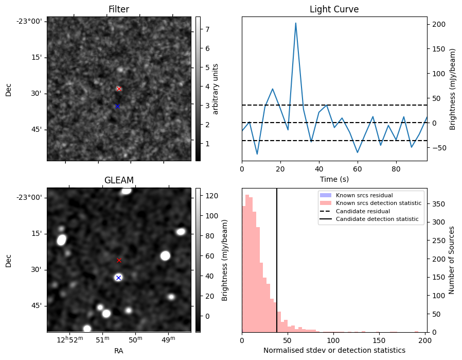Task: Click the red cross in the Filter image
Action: tap(119, 89)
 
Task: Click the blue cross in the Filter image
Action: tap(117, 106)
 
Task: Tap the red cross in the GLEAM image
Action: tap(119, 260)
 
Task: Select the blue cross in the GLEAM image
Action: tap(118, 278)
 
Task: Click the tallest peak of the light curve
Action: tap(296, 23)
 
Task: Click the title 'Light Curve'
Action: tap(334, 9)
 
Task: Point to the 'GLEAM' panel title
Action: tap(119, 180)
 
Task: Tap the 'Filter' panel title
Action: tap(119, 9)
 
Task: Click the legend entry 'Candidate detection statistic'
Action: tap(379, 220)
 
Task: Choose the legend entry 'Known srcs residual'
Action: tap(364, 195)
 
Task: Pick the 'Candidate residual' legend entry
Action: tap(363, 212)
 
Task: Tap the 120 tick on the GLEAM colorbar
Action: tap(211, 196)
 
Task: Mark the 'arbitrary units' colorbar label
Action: tap(216, 89)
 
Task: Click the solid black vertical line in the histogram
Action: tap(277, 258)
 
